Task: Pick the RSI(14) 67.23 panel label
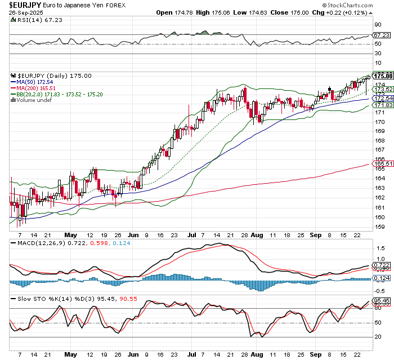point(31,20)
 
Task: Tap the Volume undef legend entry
point(37,100)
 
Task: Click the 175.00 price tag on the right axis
point(383,75)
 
